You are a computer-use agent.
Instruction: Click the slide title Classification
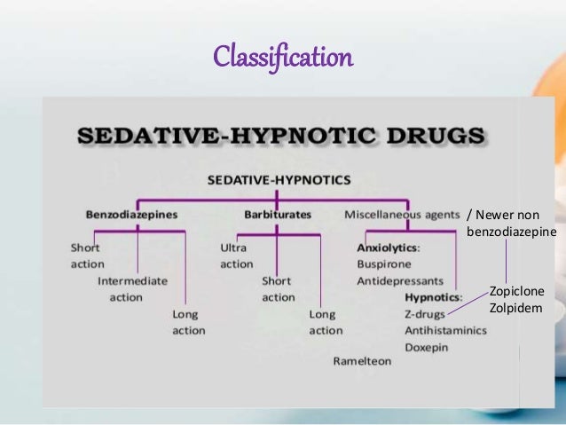pos(282,59)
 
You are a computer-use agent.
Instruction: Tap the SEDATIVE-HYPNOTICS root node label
pos(279,179)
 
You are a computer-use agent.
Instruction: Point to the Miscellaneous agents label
pos(400,214)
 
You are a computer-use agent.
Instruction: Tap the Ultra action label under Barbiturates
pos(236,256)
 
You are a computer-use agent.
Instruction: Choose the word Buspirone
pos(383,264)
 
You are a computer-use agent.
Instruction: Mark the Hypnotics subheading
pos(432,297)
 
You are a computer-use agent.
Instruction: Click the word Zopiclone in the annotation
pos(516,291)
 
